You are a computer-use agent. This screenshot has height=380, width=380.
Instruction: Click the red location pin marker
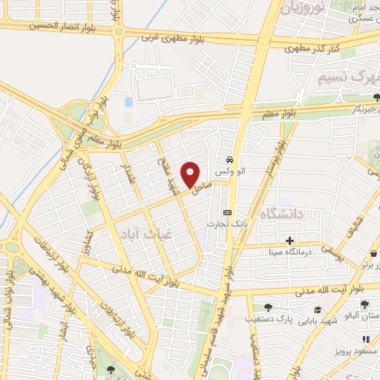tap(191, 174)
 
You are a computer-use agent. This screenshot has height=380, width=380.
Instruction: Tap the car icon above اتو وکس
tap(231, 160)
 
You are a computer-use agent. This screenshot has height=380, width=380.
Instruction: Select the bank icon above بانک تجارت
tap(227, 213)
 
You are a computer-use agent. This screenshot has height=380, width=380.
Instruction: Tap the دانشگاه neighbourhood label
tap(283, 214)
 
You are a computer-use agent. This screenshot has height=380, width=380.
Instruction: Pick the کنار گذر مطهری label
tap(312, 47)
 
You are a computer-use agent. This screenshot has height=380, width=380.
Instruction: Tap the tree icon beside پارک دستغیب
tap(268, 307)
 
